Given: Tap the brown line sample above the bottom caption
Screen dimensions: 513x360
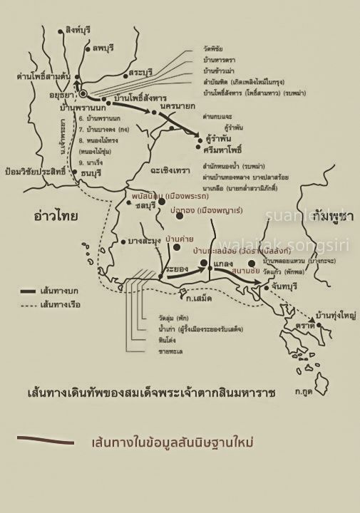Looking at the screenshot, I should tap(46, 440).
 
